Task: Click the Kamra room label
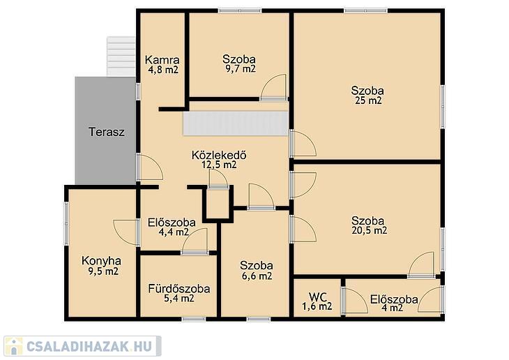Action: click(162, 60)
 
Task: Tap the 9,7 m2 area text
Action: click(241, 69)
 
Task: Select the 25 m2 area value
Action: click(367, 100)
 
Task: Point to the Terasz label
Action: click(107, 132)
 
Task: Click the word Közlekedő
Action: click(219, 155)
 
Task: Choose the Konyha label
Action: click(101, 260)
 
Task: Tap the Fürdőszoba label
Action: click(179, 289)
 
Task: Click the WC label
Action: click(317, 297)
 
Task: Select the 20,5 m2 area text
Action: click(370, 231)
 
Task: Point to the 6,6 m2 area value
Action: click(257, 276)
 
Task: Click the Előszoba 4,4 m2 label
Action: click(172, 227)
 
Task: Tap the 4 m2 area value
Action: click(392, 308)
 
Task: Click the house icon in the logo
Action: click(13, 346)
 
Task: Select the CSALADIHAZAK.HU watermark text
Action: click(89, 347)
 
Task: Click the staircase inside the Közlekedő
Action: click(236, 123)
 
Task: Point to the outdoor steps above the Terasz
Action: click(121, 57)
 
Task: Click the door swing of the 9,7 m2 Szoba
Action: click(273, 87)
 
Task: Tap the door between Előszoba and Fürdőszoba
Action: click(195, 241)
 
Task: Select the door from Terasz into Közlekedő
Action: click(150, 167)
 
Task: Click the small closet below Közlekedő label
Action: click(218, 204)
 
